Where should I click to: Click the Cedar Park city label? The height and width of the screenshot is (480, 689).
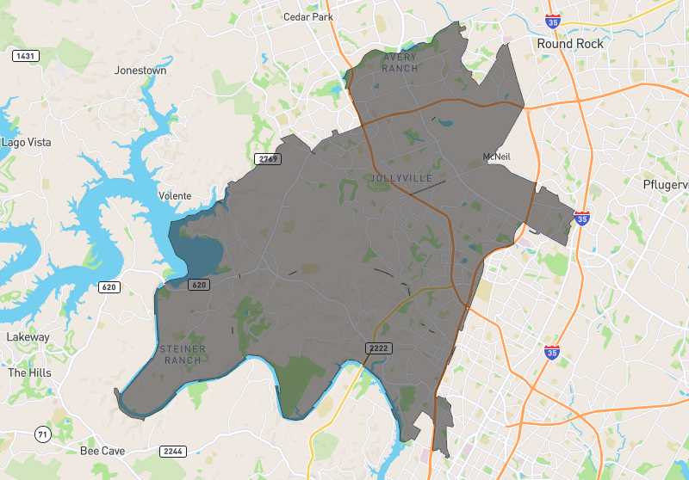point(308,16)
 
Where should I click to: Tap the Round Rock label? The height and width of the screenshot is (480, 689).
point(570,43)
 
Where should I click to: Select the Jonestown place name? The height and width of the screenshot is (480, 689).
point(140,71)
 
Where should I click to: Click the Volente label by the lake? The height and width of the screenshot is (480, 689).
point(175,196)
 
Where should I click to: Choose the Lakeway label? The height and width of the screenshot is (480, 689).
point(28,337)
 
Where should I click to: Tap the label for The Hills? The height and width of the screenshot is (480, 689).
point(29,373)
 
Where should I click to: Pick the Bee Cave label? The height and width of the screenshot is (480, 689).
point(102,451)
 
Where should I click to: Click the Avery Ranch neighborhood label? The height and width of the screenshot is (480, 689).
point(399,63)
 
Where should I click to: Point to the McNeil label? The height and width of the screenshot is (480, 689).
point(497,157)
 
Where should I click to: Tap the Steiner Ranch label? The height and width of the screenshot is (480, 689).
point(181,354)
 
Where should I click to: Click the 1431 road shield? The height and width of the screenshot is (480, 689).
point(25,56)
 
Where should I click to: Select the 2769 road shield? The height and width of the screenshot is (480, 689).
point(267,159)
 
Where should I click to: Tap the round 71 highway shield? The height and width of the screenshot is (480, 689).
point(42,434)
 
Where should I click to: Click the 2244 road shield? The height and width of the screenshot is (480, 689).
point(172,451)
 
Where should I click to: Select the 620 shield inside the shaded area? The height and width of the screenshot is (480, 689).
point(199,285)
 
